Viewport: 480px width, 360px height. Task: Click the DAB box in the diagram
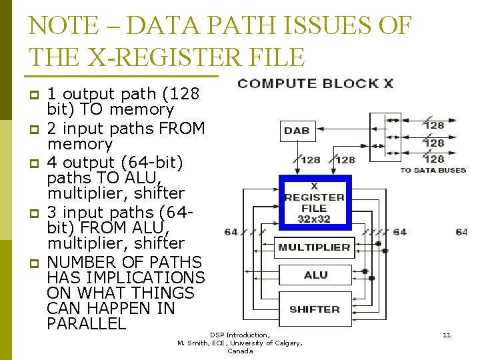coord(296,131)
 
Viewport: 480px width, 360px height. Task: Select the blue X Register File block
coord(315,203)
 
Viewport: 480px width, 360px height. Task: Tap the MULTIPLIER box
coord(314,247)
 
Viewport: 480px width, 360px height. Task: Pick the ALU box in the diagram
coord(315,275)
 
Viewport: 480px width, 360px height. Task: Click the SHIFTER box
coord(314,309)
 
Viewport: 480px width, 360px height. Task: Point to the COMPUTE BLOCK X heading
coord(315,83)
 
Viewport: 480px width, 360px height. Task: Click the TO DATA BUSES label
coord(433,171)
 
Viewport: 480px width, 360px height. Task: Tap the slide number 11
coord(447,335)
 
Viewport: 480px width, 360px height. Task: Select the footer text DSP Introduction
coord(240,335)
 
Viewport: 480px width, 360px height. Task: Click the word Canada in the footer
coord(240,351)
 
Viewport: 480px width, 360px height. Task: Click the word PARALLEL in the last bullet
coord(87,324)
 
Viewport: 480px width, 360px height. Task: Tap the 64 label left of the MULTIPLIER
coord(231,232)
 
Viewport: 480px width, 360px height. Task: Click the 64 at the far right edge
coord(461,232)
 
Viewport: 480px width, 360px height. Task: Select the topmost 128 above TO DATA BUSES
coord(434,125)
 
